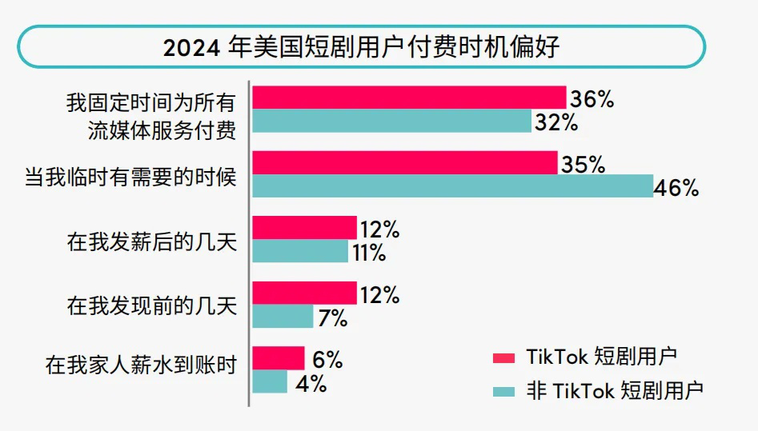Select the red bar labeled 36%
coord(409,98)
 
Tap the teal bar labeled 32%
coord(391,122)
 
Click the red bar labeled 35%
coord(404,163)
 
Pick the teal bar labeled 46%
coord(452,186)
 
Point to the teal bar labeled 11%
coord(300,251)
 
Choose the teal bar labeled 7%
coord(283,317)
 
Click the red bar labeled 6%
coord(279,358)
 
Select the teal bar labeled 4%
coord(270,381)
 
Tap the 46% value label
coord(676,189)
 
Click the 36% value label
coord(592,99)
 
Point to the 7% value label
coord(331,318)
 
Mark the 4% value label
coord(311,383)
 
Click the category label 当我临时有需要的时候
coord(131,175)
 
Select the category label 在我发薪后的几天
coord(152,241)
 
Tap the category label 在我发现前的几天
coord(152,305)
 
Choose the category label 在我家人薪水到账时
coord(142,367)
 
